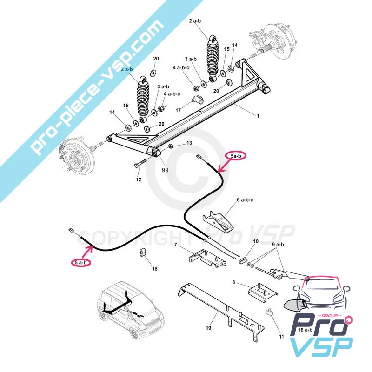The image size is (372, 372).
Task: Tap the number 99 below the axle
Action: pos(165,170)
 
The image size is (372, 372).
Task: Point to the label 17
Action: pos(178,111)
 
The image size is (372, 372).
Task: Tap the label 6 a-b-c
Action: pos(245,200)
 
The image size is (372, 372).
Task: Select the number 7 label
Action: pos(175,245)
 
